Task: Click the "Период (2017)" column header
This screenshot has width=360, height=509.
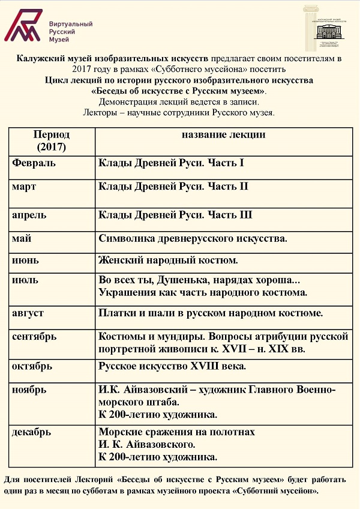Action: (x=51, y=140)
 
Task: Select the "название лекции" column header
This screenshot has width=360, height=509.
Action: (x=223, y=135)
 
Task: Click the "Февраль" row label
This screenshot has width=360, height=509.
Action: (x=34, y=163)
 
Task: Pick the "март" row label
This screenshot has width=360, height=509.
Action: (x=24, y=187)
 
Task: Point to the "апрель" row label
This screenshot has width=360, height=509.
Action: (x=29, y=214)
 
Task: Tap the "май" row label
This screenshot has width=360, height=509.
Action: (x=22, y=238)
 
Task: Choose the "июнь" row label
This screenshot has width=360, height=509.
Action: (x=25, y=261)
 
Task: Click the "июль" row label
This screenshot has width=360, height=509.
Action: (x=25, y=280)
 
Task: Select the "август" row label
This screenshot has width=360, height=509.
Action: (x=28, y=313)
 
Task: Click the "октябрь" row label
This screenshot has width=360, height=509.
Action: (x=32, y=366)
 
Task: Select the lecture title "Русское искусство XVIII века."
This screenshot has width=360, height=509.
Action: (x=172, y=366)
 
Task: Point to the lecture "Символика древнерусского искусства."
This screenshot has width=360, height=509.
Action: (x=193, y=238)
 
